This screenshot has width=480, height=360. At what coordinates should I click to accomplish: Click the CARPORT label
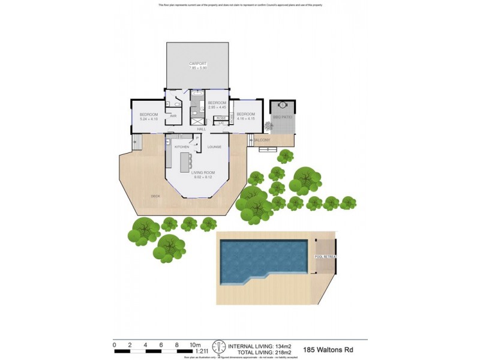198,63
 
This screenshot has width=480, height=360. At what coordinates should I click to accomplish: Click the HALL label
201,129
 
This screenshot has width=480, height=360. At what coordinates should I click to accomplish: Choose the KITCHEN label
182,146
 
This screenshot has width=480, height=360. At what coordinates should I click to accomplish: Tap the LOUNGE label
214,146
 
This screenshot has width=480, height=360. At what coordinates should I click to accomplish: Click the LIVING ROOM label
203,172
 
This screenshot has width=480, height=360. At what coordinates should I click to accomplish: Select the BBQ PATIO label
282,117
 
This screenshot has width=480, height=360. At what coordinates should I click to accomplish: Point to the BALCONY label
262,140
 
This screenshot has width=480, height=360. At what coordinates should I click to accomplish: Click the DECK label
155,196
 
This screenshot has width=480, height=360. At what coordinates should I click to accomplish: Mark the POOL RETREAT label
325,257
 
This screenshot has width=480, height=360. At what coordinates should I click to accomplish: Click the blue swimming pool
258,258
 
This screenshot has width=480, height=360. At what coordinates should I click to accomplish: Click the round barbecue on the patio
281,106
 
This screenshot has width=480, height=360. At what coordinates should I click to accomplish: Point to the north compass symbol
219,347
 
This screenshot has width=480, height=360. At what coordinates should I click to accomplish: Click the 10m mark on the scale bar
194,345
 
